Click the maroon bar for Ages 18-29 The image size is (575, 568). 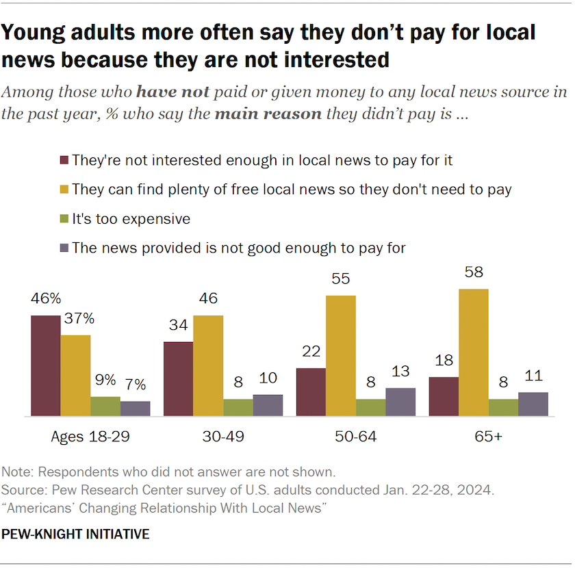(45, 365)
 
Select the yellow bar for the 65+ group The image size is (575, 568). (473, 352)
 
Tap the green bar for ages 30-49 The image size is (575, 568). (238, 407)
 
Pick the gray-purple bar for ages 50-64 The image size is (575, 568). (400, 402)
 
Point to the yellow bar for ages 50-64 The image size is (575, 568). (341, 356)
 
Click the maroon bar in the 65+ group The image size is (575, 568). (443, 396)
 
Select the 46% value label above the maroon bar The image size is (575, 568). (45, 299)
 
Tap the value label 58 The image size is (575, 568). (473, 273)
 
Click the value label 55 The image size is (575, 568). (341, 280)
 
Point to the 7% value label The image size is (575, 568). (136, 385)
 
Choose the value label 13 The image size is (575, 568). (400, 372)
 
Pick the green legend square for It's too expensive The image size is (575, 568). (64, 219)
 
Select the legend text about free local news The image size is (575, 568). (292, 190)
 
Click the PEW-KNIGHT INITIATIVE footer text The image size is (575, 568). (76, 534)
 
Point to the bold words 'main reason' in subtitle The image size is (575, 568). (269, 113)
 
